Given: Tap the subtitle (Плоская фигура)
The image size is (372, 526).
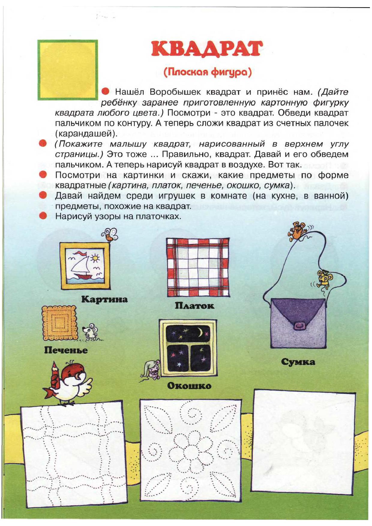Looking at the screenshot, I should (x=207, y=72).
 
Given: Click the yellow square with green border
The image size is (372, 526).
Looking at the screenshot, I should (x=67, y=70).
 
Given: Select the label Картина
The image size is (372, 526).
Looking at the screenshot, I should (x=104, y=299).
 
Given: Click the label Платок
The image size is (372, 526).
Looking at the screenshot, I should (x=194, y=306).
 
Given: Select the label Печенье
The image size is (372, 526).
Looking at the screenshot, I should (x=66, y=350).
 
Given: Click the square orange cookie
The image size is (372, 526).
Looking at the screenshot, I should (x=59, y=323).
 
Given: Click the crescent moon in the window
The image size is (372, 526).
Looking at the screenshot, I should (x=199, y=332).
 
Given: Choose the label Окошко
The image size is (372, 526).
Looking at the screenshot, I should (x=189, y=386).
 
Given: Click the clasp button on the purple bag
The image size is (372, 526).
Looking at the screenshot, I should (x=299, y=326).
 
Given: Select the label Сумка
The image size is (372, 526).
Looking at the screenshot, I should (x=298, y=362).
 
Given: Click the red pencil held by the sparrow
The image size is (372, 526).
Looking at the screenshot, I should (x=55, y=376).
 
